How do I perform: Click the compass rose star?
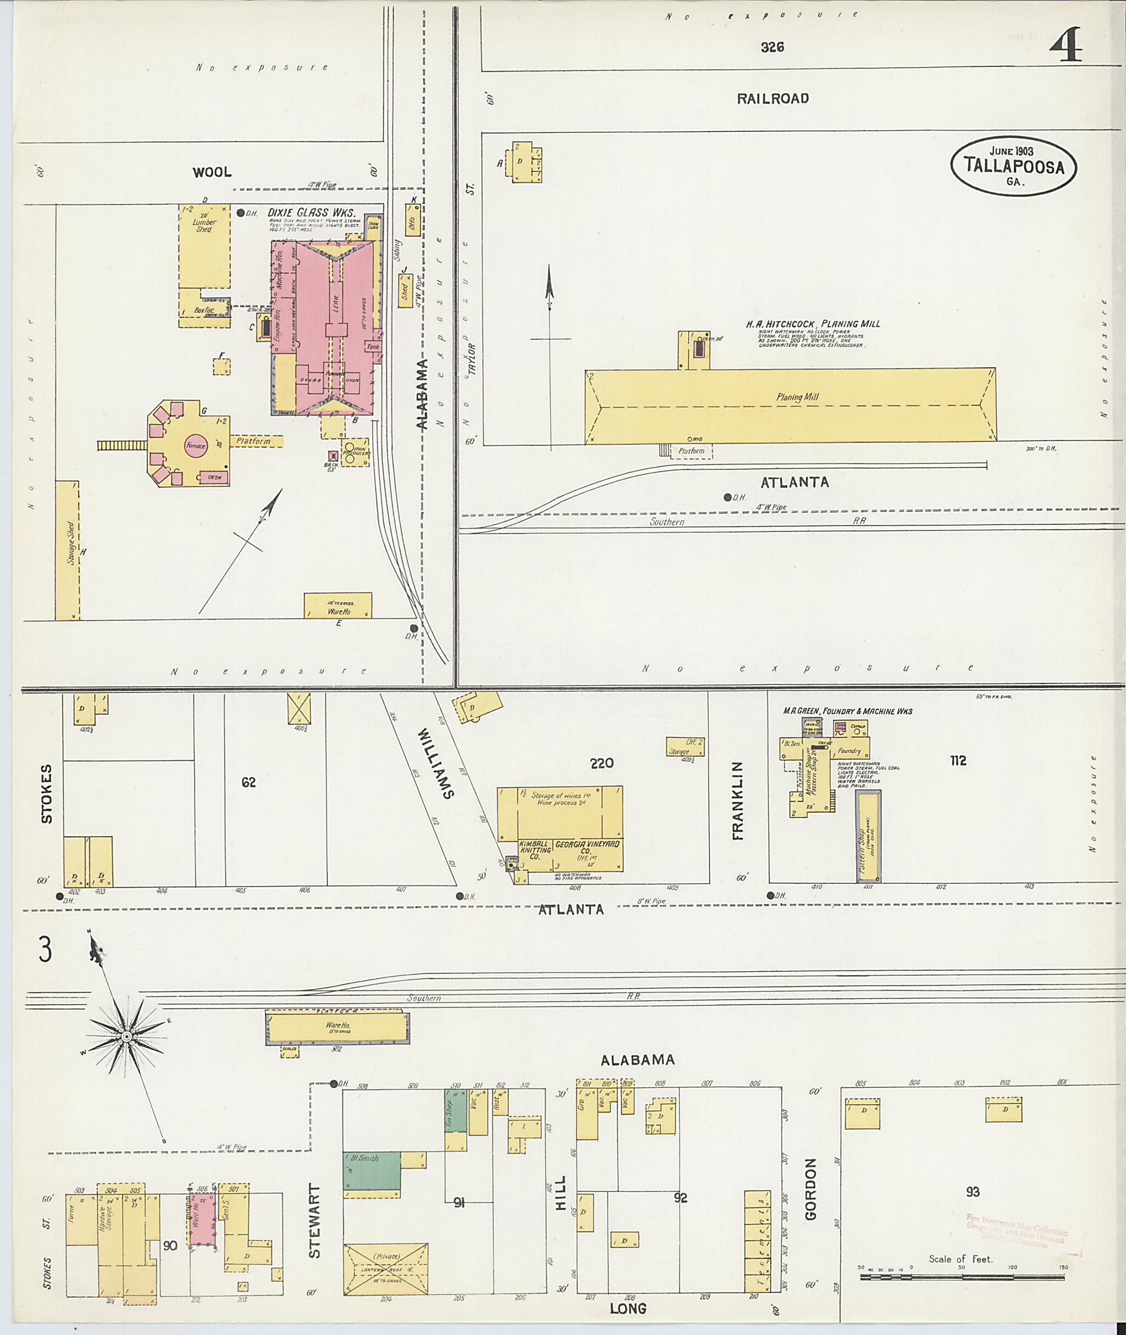pyautogui.click(x=126, y=1037)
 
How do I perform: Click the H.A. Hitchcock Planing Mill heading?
pyautogui.click(x=812, y=324)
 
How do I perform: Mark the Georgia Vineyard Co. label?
pyautogui.click(x=587, y=847)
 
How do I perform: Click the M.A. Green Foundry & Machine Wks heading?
pyautogui.click(x=847, y=711)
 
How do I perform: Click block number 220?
pyautogui.click(x=601, y=763)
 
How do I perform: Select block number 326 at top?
pyautogui.click(x=772, y=47)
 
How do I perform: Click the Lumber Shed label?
pyautogui.click(x=205, y=225)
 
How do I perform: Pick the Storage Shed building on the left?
pyautogui.click(x=67, y=550)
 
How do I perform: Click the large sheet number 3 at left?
pyautogui.click(x=45, y=949)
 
